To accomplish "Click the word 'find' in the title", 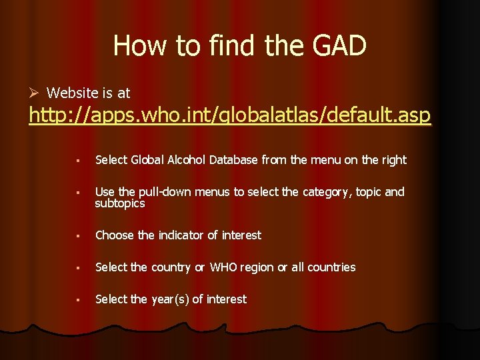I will click(227, 46).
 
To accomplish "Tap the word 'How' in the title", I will click(142, 46).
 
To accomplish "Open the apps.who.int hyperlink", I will click(230, 117).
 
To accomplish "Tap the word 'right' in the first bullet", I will click(393, 160).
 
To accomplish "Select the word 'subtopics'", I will click(120, 204).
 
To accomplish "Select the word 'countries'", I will click(331, 267).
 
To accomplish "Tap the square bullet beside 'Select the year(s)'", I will click(78, 300).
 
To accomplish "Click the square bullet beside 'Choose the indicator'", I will click(78, 236).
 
